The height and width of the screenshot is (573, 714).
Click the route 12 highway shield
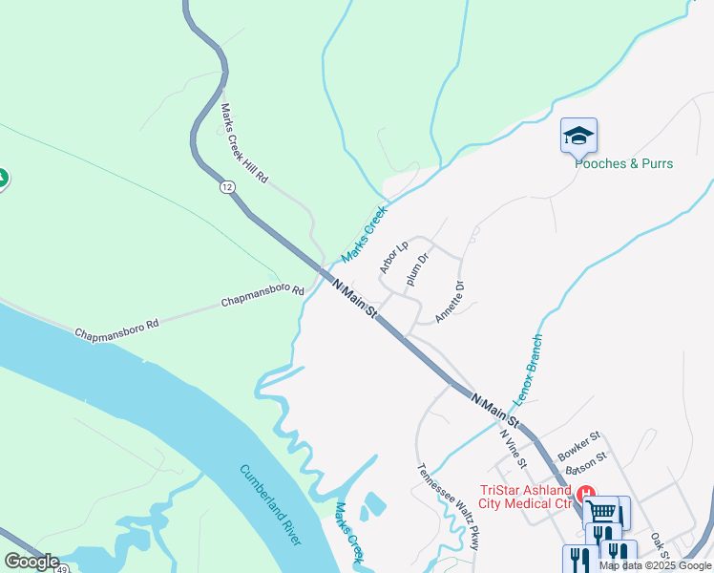226,187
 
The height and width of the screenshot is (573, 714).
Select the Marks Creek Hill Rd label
244,144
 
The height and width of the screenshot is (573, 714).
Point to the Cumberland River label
270,504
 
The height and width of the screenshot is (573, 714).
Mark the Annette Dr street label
450,301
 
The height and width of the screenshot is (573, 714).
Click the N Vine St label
514,448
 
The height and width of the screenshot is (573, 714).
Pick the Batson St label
585,460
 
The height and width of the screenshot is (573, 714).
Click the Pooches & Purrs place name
623,163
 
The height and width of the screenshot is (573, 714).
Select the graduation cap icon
578,137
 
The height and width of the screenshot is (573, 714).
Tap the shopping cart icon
600,510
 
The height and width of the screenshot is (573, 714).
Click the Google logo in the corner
31,562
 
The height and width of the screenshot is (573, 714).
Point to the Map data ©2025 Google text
655,565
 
